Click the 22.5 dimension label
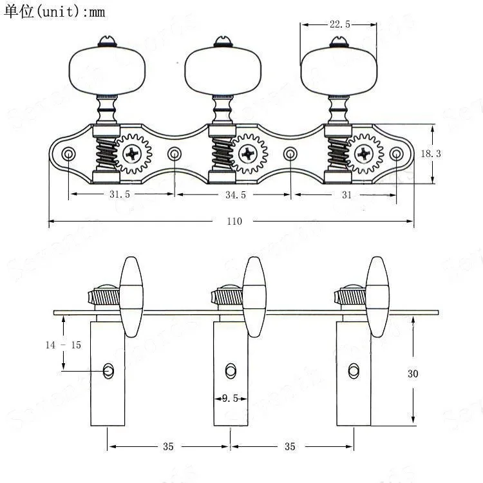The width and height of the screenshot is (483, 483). (x=340, y=24)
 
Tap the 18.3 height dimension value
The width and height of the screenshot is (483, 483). (x=431, y=153)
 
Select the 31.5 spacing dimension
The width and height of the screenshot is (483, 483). (x=120, y=194)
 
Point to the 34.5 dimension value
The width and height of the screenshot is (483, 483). (x=236, y=194)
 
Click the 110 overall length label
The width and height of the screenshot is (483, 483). (x=234, y=221)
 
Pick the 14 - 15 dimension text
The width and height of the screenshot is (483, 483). (x=64, y=345)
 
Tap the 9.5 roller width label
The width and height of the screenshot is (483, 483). (x=230, y=399)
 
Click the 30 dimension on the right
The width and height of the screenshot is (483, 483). (x=413, y=374)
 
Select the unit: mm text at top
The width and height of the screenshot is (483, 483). (x=55, y=12)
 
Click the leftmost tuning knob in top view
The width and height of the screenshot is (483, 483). (x=107, y=71)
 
